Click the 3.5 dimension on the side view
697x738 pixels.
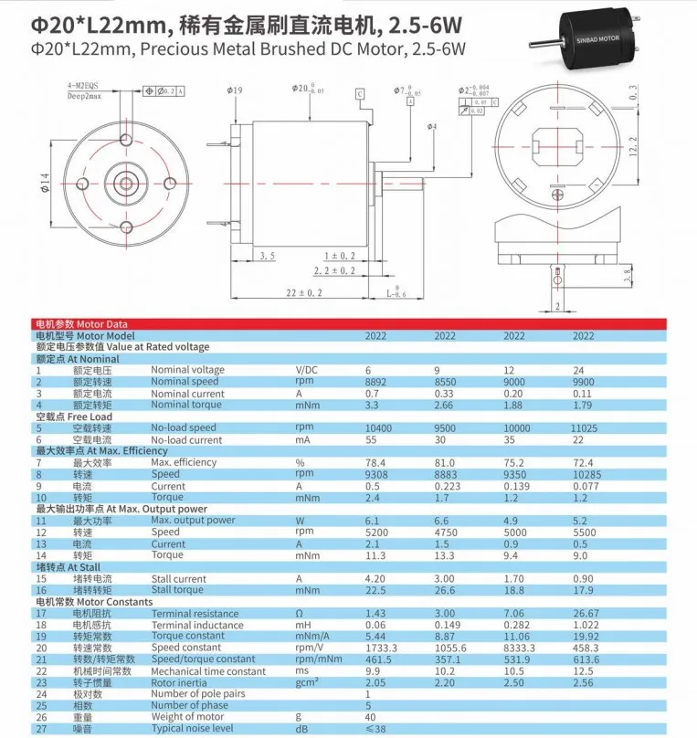(268, 256)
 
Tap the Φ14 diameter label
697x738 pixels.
(46, 187)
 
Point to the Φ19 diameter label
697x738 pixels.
(234, 90)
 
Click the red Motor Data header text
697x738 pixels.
(80, 324)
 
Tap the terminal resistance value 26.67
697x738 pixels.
(587, 613)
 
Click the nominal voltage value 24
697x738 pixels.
(578, 370)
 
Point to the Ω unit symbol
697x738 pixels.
(298, 613)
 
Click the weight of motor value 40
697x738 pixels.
(372, 717)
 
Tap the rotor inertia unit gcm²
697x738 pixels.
(305, 682)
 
